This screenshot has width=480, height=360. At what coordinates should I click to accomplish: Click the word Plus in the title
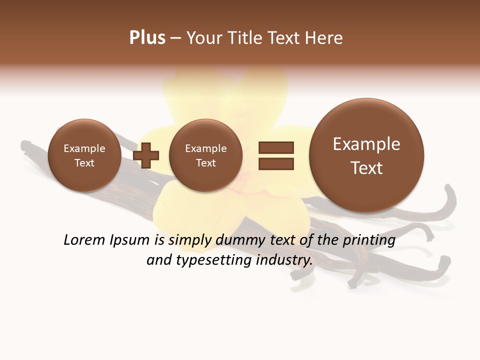[x=147, y=38]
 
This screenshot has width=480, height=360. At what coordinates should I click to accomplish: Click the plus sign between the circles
[x=146, y=155]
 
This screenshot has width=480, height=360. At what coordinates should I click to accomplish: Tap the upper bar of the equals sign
[x=276, y=147]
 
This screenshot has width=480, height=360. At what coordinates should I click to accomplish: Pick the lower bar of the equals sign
[x=276, y=163]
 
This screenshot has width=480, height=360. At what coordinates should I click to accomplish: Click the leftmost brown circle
[x=84, y=155]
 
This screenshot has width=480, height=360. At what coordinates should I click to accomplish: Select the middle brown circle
[x=205, y=155]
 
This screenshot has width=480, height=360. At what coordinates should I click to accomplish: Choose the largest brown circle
[x=366, y=155]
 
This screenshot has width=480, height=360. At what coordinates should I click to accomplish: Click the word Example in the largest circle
[x=366, y=144]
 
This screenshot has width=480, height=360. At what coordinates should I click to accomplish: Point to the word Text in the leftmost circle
[x=84, y=163]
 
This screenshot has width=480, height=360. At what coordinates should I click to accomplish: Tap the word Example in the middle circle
[x=205, y=148]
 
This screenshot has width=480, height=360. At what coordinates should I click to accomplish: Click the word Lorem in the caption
[x=84, y=240]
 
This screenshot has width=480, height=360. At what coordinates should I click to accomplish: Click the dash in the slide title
[x=175, y=38]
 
